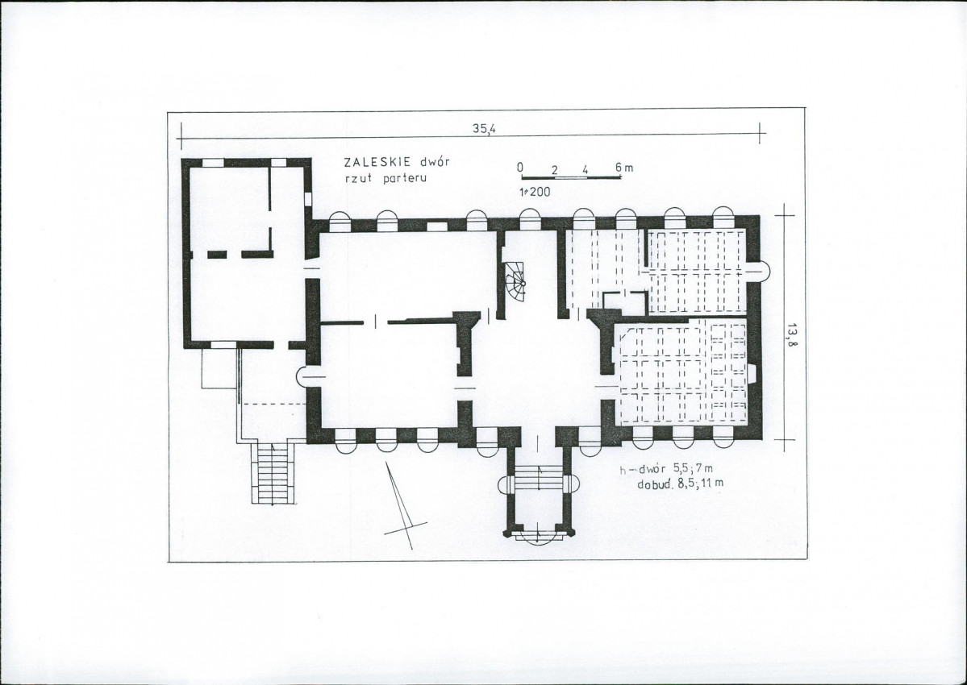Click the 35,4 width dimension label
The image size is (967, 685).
pyautogui.click(x=484, y=130)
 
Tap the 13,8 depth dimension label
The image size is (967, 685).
pyautogui.click(x=791, y=336)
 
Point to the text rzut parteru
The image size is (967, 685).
pyautogui.click(x=386, y=179)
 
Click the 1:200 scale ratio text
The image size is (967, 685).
pyautogui.click(x=535, y=192)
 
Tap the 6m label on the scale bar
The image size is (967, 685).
pyautogui.click(x=623, y=168)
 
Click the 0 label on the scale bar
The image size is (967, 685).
pyautogui.click(x=520, y=168)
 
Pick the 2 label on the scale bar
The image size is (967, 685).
pyautogui.click(x=554, y=171)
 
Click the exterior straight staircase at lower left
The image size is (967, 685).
pyautogui.click(x=271, y=473)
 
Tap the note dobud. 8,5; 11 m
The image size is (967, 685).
pyautogui.click(x=680, y=484)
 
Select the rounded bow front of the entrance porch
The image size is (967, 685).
pyautogui.click(x=537, y=538)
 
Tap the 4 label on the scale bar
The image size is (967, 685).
pyautogui.click(x=585, y=171)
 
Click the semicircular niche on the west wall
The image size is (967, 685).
pyautogui.click(x=302, y=376)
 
